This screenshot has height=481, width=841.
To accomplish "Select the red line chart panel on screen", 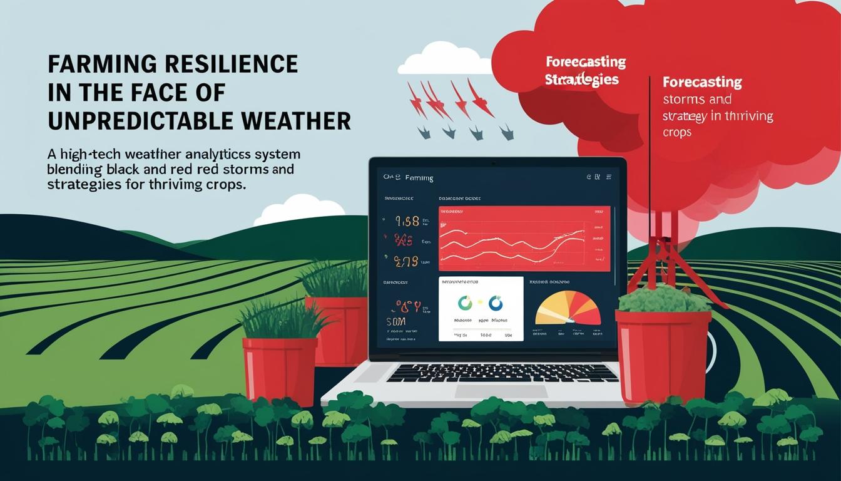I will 524,239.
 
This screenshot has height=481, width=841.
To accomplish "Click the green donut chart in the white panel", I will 466,304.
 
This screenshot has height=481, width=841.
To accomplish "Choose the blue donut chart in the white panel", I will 496,304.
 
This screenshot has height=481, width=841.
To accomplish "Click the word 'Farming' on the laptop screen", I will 419,178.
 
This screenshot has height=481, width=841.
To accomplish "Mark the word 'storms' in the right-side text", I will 683,100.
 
